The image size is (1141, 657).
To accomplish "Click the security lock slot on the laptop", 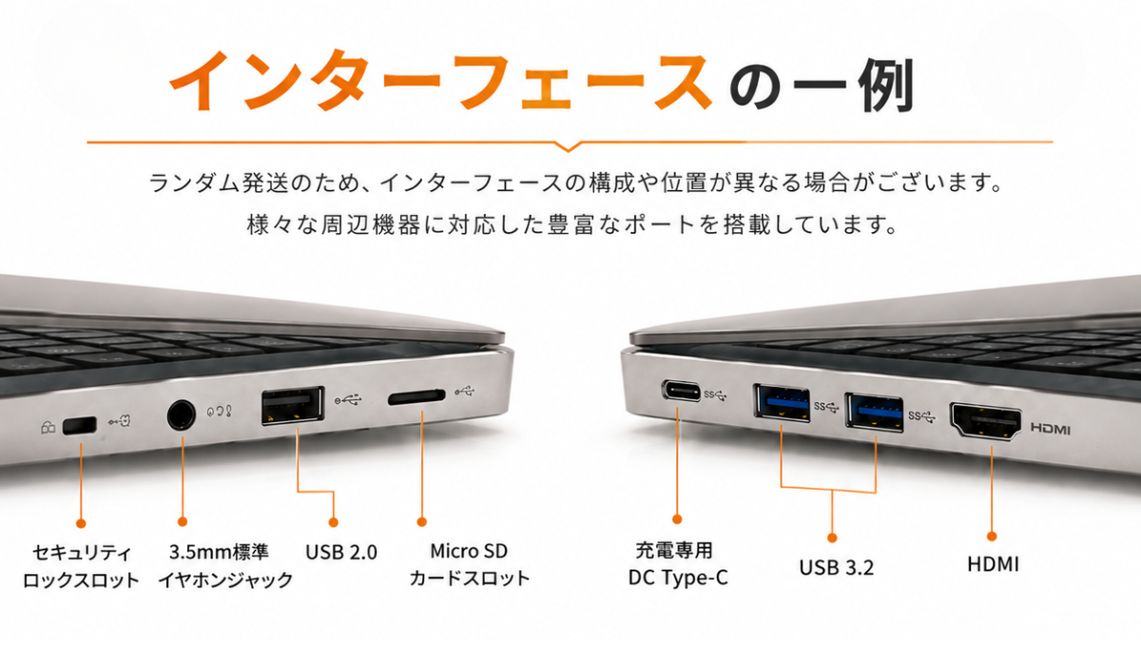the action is click(x=80, y=426).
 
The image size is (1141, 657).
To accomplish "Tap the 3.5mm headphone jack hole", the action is click(x=181, y=415).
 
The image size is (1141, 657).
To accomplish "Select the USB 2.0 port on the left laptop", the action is click(x=293, y=406).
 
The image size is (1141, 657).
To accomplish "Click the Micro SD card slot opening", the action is click(x=416, y=396).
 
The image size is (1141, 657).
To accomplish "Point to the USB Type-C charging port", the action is click(x=681, y=391).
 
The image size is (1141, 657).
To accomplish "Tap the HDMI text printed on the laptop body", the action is click(x=1051, y=429).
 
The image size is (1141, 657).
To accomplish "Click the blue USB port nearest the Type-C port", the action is click(x=782, y=403).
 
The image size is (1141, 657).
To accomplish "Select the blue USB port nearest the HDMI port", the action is click(x=874, y=413).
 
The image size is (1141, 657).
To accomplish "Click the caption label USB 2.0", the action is click(x=341, y=552).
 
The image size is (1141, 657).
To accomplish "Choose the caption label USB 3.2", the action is click(x=837, y=568).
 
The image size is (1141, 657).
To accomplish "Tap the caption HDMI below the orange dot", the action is click(x=994, y=565).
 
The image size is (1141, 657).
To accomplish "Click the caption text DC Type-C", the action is click(x=678, y=577).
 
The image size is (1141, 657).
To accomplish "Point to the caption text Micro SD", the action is click(x=469, y=551).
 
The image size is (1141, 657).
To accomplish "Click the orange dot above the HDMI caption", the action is click(x=992, y=536).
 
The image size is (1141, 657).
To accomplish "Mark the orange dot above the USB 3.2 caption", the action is click(x=832, y=538).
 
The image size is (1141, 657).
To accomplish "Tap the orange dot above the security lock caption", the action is click(x=81, y=524).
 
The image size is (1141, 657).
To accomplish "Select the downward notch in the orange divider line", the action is click(x=569, y=146).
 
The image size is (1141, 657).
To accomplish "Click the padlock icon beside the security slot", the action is click(x=48, y=428).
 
